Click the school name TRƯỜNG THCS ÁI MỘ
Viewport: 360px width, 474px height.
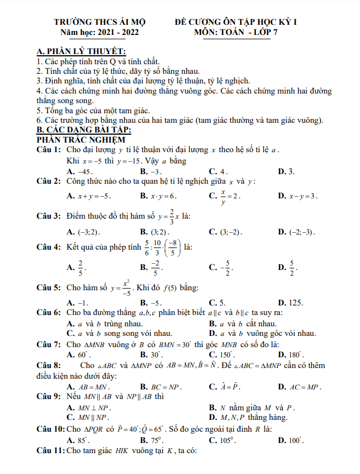tap(100, 22)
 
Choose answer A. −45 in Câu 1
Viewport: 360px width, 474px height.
tap(79, 171)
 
